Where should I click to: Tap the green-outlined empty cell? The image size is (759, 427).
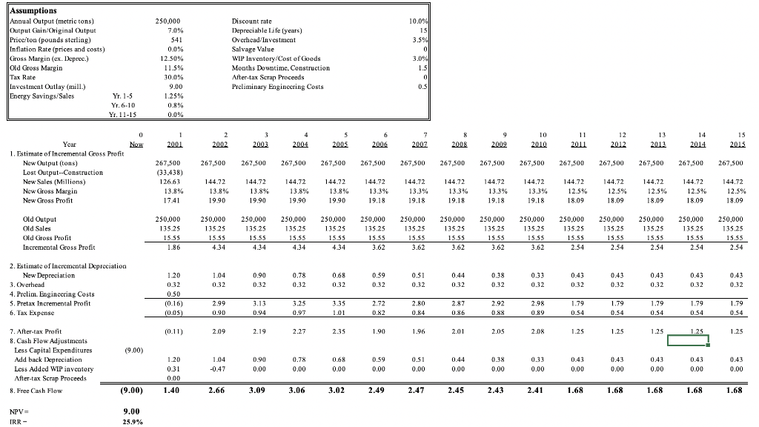tap(688, 341)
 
